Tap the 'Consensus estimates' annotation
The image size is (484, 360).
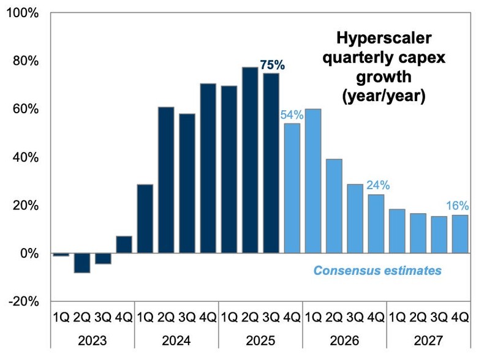377,270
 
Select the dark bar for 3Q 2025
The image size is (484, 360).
271,163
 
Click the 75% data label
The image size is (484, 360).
273,65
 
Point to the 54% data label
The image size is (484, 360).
290,114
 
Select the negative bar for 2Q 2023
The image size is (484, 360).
82,263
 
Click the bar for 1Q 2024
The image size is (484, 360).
145,219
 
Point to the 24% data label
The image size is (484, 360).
377,186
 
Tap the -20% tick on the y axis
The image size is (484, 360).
23,301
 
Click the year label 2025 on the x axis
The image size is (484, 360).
260,341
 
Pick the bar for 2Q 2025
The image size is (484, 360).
250,160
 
